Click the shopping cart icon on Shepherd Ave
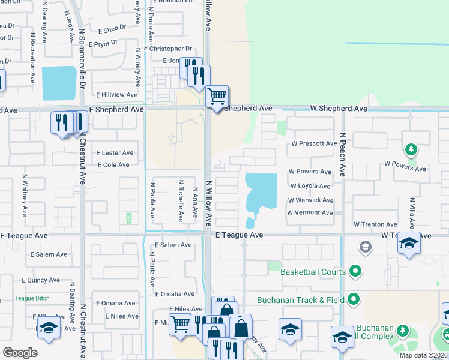click(x=217, y=96)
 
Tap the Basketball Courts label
click(x=313, y=272)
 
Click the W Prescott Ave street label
click(x=314, y=144)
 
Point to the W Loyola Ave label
click(x=310, y=187)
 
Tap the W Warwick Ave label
click(x=310, y=200)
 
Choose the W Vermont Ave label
click(x=310, y=213)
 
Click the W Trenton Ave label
click(x=376, y=224)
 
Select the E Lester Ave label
click(x=115, y=153)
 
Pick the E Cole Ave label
click(x=113, y=165)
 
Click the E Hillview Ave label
click(x=119, y=95)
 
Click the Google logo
click(x=20, y=352)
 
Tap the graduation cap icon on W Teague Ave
click(x=409, y=244)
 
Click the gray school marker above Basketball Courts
click(x=365, y=247)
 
